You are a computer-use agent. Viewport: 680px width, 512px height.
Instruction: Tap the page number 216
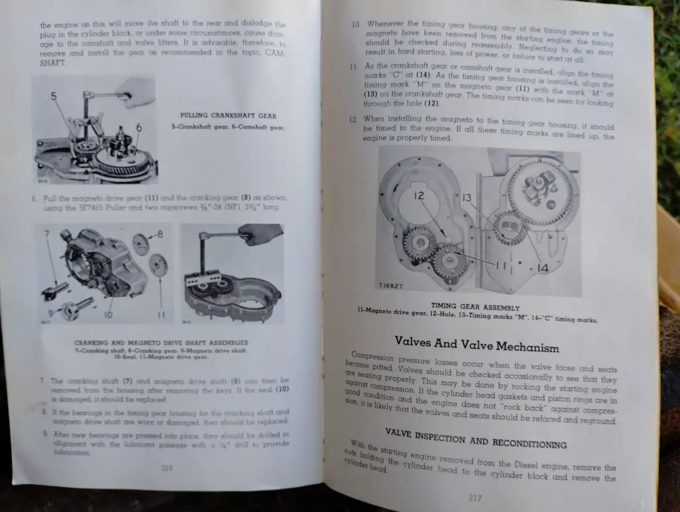pyautogui.click(x=167, y=468)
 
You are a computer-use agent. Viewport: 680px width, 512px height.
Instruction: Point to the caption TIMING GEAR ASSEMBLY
pyautogui.click(x=475, y=307)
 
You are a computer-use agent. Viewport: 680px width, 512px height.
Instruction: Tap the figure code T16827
pyautogui.click(x=390, y=286)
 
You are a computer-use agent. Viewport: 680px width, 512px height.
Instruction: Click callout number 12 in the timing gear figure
pyautogui.click(x=419, y=196)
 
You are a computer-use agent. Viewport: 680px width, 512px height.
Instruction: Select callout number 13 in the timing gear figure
pyautogui.click(x=466, y=197)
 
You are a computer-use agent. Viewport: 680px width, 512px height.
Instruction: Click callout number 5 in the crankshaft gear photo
pyautogui.click(x=53, y=96)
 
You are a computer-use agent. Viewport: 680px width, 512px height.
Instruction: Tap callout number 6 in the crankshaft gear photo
pyautogui.click(x=139, y=128)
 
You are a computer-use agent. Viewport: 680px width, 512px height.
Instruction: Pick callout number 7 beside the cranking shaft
pyautogui.click(x=46, y=234)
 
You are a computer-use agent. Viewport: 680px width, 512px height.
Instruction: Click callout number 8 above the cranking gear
pyautogui.click(x=160, y=234)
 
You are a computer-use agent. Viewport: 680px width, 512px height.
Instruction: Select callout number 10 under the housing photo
pyautogui.click(x=108, y=313)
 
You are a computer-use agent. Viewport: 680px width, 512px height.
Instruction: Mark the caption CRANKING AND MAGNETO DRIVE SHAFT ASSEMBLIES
pyautogui.click(x=161, y=343)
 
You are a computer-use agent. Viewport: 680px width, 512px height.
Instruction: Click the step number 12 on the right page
pyautogui.click(x=353, y=120)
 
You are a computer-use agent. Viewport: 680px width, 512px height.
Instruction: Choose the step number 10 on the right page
pyautogui.click(x=356, y=25)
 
